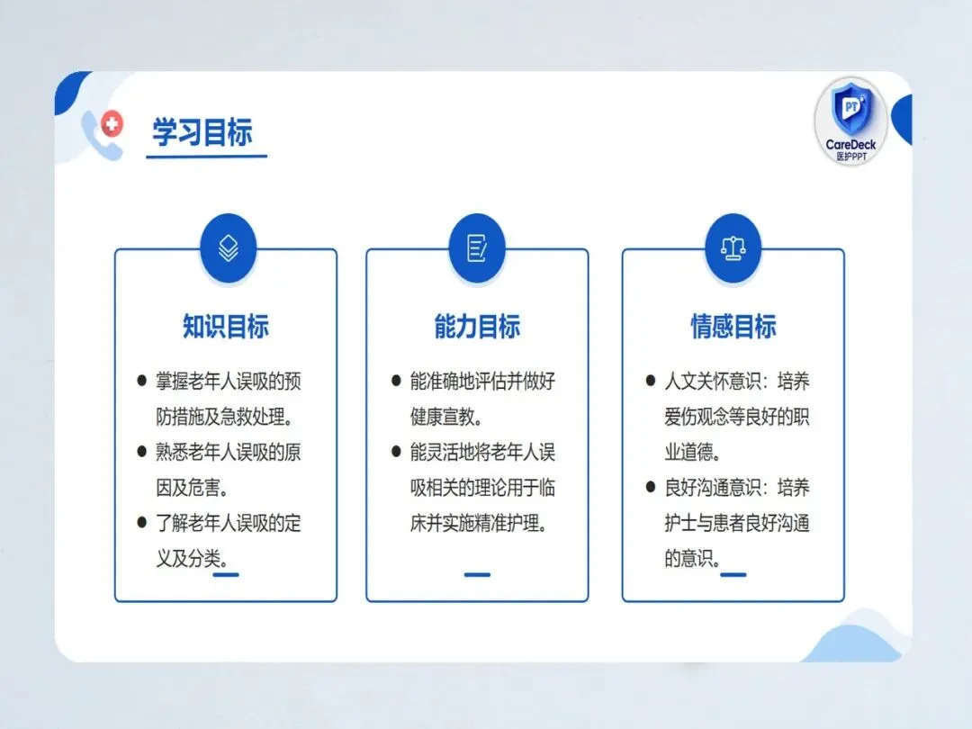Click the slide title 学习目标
coord(202,132)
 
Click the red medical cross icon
coord(112,124)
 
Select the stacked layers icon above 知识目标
coord(228,248)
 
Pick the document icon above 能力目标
coord(477,248)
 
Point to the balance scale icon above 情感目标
coord(733,248)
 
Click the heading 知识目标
coord(226,326)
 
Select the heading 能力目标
coord(477,326)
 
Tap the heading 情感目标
coord(733,326)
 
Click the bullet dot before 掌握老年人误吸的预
coord(141,380)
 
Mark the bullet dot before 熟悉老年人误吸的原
coord(141,451)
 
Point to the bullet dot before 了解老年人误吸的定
coord(141,523)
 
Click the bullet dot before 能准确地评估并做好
coord(396,380)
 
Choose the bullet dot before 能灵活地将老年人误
coord(396,451)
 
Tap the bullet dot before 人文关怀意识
coord(651,380)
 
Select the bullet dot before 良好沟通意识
coord(651,487)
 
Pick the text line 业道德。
coord(693,452)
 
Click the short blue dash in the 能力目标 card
coord(477,574)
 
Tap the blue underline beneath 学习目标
coord(206,157)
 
